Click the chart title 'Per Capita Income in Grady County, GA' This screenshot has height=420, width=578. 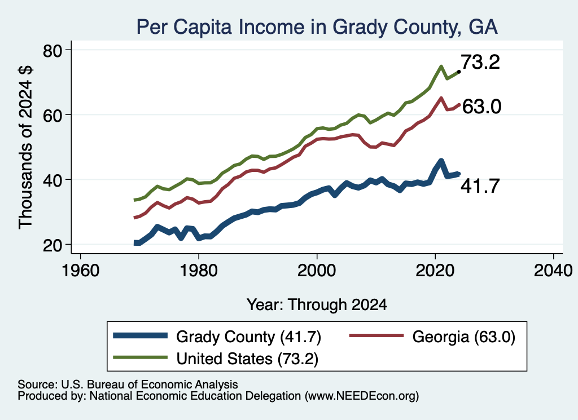click(317, 27)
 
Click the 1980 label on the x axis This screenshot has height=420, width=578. click(199, 271)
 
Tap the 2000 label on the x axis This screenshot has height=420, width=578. click(317, 271)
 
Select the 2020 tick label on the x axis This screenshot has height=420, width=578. click(435, 271)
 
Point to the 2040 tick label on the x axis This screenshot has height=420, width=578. click(553, 271)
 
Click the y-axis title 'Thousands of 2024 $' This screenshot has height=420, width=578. click(25, 147)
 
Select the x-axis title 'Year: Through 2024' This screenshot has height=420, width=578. click(317, 305)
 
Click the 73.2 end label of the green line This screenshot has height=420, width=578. click(480, 62)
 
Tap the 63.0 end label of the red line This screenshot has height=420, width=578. click(481, 107)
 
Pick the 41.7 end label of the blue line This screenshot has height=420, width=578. click(480, 186)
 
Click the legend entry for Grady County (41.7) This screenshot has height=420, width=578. click(217, 337)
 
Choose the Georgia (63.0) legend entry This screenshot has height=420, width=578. click(432, 337)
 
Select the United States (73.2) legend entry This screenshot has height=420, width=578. click(216, 359)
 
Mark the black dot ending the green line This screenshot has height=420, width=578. click(458, 72)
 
